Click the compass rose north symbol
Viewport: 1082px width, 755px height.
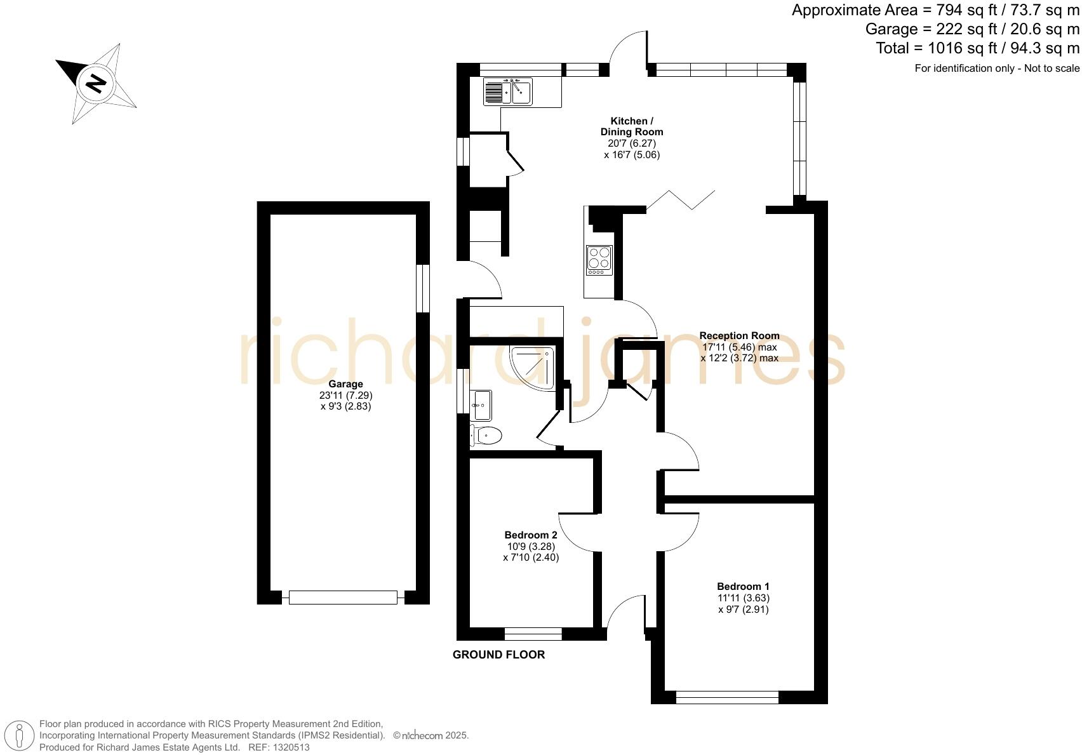click(x=96, y=83)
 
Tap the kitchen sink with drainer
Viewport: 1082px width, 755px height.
click(x=508, y=91)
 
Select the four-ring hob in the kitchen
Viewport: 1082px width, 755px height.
click(x=599, y=259)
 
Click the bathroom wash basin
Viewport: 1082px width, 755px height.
click(x=481, y=404)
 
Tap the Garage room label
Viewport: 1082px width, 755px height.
click(x=345, y=384)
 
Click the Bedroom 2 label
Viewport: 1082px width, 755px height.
click(x=531, y=535)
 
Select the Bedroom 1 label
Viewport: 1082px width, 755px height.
click(x=743, y=586)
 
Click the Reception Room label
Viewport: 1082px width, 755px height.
click(x=739, y=335)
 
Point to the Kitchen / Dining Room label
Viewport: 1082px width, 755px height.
click(x=632, y=126)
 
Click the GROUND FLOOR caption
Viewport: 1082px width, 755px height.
click(x=498, y=655)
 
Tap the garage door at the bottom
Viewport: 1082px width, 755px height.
click(x=343, y=597)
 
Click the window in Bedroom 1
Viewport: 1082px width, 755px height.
click(x=727, y=697)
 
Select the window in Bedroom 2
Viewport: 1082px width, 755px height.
click(x=533, y=634)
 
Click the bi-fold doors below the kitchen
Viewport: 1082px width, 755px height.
click(x=681, y=199)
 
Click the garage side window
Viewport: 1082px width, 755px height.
click(x=423, y=288)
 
